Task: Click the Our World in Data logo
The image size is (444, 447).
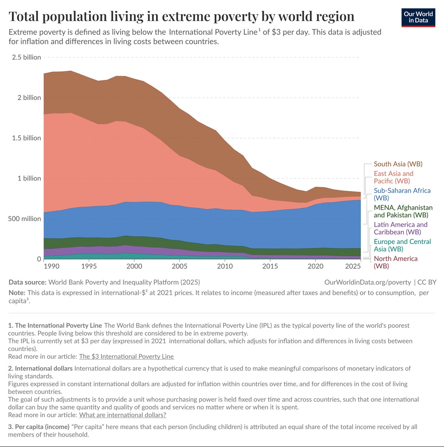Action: click(x=418, y=17)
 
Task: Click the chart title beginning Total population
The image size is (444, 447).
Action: click(x=181, y=16)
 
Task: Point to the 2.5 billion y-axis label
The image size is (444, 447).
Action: click(x=26, y=57)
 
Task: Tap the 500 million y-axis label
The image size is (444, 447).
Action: click(x=25, y=219)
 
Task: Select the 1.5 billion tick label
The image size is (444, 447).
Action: click(x=26, y=138)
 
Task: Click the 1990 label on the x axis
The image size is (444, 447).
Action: click(x=51, y=266)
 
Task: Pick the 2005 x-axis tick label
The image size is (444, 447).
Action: click(x=180, y=266)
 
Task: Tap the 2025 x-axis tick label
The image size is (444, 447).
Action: click(x=353, y=266)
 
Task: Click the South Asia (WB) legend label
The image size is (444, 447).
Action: click(x=398, y=164)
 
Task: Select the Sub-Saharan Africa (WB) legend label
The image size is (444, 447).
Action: click(x=402, y=194)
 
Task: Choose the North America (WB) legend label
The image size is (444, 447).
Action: click(x=396, y=262)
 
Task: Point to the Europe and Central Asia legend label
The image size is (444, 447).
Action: click(x=402, y=245)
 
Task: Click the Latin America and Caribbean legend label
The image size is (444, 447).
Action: click(x=400, y=228)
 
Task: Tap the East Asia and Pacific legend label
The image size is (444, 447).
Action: click(x=393, y=177)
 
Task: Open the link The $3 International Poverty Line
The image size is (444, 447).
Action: click(x=126, y=356)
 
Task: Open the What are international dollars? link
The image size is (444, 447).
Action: click(x=123, y=415)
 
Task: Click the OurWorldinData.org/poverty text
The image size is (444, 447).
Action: click(x=368, y=282)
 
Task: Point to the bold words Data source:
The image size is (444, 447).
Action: click(x=28, y=282)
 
